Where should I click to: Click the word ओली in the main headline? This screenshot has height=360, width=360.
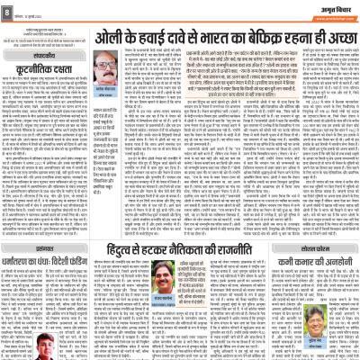[115, 38]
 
